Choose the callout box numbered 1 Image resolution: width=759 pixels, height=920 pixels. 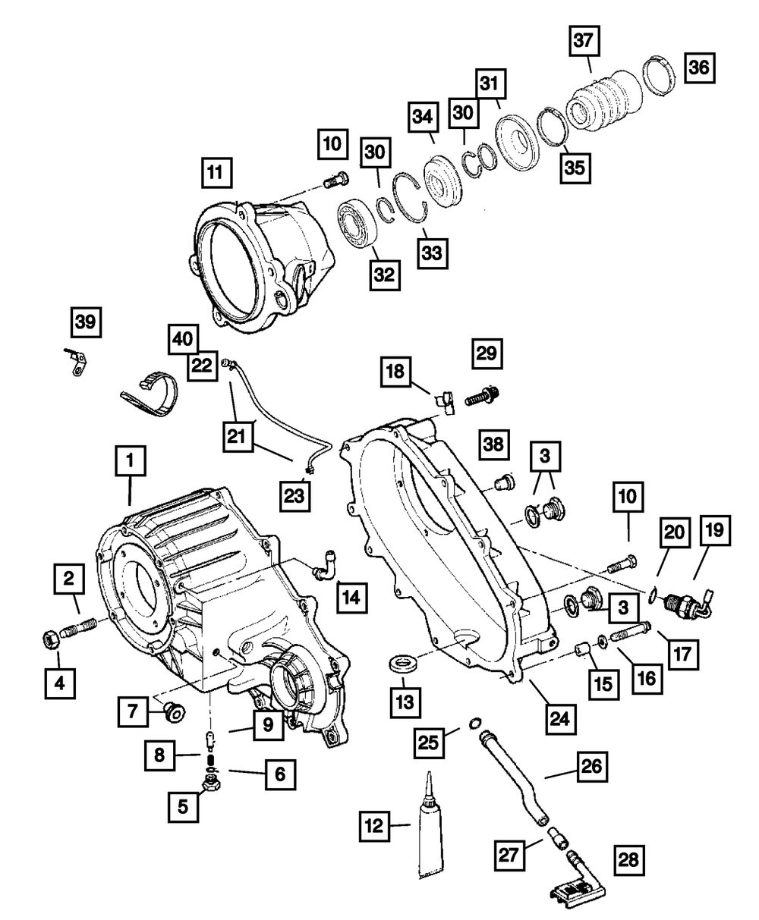click(130, 460)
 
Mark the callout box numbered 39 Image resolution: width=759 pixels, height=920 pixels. click(85, 322)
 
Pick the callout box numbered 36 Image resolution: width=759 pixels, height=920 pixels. click(698, 68)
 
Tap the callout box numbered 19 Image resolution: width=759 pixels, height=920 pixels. click(714, 533)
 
